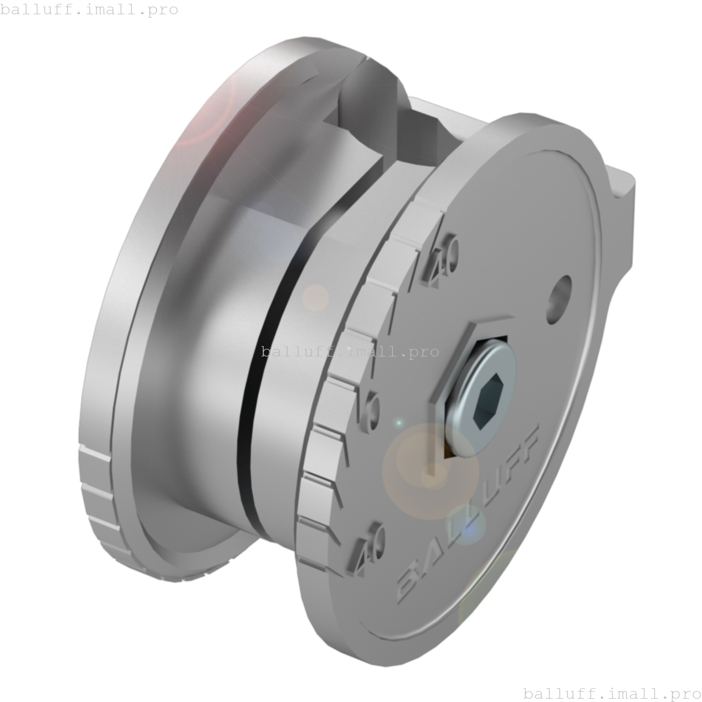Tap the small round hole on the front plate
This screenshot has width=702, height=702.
559,296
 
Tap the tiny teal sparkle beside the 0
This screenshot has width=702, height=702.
399,423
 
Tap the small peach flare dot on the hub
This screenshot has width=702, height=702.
315,298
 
